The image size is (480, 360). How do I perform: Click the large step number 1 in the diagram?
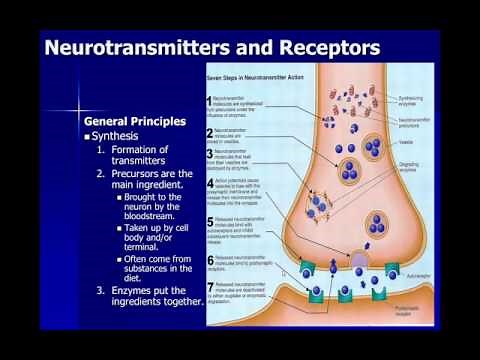tap(209, 101)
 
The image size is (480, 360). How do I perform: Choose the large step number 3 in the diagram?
tap(209, 155)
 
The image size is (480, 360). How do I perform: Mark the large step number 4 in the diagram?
tap(209, 182)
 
